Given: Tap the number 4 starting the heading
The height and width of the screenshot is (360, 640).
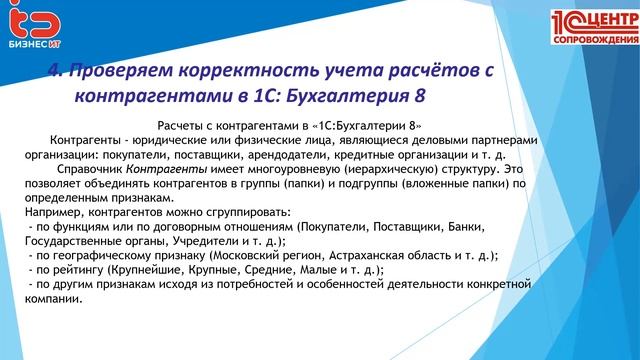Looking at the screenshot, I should point(55,70).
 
